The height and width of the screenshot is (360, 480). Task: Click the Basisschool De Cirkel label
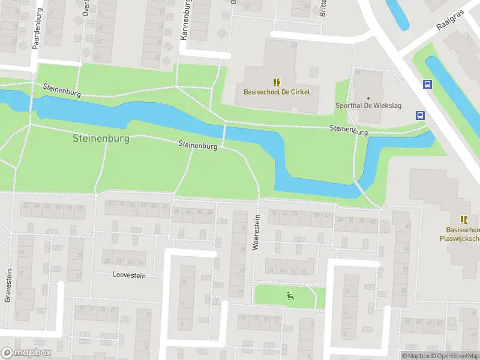point(276,92)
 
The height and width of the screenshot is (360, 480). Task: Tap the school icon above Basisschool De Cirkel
point(276,82)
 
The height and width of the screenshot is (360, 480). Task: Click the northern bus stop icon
point(427,85)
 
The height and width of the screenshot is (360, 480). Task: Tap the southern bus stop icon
point(420,115)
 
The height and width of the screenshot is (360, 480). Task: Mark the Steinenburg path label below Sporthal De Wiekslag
point(349,130)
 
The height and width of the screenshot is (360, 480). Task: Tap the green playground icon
point(290,295)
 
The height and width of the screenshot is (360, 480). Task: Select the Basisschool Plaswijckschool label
point(463,234)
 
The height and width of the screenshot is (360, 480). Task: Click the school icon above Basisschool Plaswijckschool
point(463,220)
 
